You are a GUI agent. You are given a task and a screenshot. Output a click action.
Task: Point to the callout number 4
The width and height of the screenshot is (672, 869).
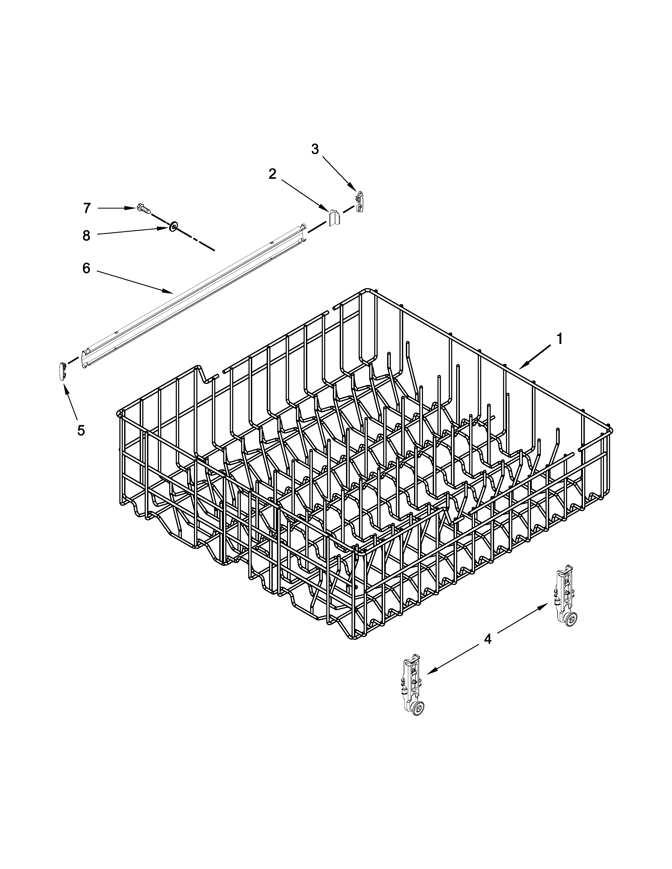pyautogui.click(x=488, y=639)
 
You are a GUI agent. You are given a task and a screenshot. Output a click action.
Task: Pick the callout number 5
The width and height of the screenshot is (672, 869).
pyautogui.click(x=81, y=430)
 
